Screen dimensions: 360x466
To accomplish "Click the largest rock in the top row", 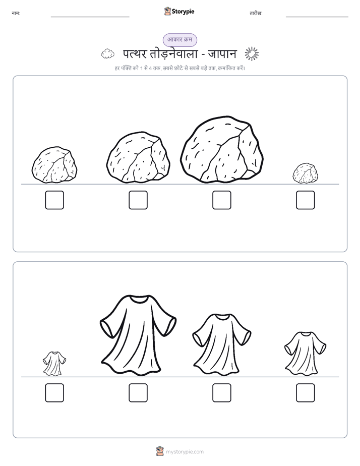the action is (x=222, y=149).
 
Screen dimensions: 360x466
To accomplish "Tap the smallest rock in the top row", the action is (x=305, y=173).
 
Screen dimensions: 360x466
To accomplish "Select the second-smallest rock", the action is (x=54, y=164).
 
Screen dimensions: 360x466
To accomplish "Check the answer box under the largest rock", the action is (x=222, y=200).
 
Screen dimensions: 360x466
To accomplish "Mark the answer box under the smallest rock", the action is (x=306, y=200).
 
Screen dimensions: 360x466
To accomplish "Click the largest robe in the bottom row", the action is (x=138, y=334).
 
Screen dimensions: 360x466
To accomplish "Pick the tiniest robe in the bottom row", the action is (x=54, y=363).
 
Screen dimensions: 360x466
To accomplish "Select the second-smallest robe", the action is (x=305, y=354).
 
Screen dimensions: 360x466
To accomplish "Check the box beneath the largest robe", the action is (x=138, y=393).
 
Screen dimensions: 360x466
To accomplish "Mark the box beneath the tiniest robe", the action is (x=54, y=393).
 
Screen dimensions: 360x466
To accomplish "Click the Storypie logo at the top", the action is (x=179, y=12).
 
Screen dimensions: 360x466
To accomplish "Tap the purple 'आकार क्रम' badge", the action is (x=179, y=40).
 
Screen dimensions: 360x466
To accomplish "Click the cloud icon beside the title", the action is (x=107, y=54).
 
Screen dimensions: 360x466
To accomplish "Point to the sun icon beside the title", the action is (x=252, y=54).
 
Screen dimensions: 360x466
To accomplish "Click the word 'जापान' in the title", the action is (x=222, y=54).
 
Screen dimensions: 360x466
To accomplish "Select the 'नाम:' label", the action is (x=16, y=14).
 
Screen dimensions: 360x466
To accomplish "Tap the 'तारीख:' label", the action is (x=256, y=14).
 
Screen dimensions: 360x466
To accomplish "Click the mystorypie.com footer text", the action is (x=185, y=452).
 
